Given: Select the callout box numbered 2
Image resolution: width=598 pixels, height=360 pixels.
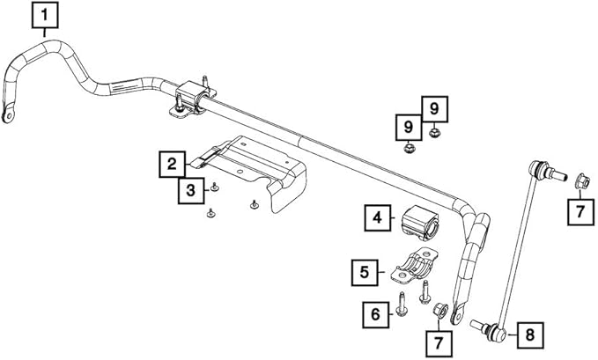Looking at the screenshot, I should tap(173, 164).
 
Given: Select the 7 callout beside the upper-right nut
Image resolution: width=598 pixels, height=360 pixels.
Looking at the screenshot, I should tap(579, 210).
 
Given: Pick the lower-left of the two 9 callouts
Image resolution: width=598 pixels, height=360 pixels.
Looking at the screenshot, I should tap(409, 128).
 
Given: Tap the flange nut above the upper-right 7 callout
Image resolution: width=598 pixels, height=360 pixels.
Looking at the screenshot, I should tap(579, 181).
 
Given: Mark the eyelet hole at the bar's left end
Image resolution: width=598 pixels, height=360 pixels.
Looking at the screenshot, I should tap(9, 114).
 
